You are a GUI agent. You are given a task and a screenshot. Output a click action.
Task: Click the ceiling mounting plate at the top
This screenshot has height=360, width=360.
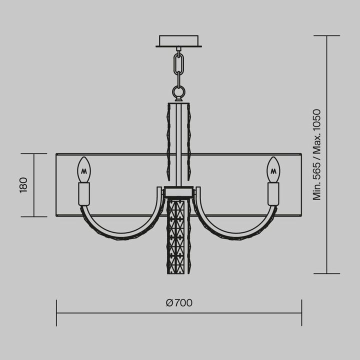[179, 40]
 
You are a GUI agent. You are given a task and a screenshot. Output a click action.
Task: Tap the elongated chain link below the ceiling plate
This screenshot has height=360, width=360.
[179, 63]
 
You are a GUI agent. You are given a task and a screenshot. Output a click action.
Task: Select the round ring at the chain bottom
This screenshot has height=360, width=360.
[178, 91]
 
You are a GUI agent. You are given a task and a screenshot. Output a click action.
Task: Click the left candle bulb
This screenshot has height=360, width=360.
[84, 170]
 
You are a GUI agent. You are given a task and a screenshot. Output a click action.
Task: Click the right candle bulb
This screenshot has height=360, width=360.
[273, 170]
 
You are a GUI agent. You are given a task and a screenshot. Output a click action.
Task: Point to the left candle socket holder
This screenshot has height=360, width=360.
[84, 194]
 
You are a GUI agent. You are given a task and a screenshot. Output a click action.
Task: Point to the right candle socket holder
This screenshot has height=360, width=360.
[273, 194]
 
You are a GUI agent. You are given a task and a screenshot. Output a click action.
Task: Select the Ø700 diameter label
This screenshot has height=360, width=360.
[178, 302]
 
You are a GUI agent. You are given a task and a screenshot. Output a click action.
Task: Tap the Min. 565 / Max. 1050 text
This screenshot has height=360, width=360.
[316, 154]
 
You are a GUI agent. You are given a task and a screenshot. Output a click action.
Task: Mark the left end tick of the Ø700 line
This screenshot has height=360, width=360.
[56, 313]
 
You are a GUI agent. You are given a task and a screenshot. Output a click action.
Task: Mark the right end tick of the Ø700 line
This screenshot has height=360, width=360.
[301, 313]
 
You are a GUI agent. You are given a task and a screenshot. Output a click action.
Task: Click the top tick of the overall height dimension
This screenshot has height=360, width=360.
[327, 36]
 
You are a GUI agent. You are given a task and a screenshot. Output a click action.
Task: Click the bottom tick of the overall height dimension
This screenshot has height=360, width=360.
[327, 273]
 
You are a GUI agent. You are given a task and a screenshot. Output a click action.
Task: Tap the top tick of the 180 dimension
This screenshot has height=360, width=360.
[34, 153]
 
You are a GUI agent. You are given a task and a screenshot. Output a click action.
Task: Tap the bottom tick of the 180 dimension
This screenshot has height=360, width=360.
[34, 216]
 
